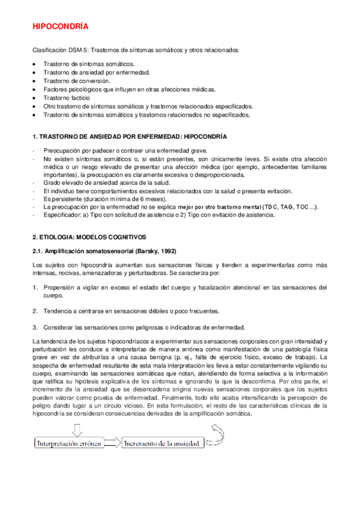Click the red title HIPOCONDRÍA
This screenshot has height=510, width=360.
click(59, 27)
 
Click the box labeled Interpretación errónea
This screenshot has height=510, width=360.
click(69, 443)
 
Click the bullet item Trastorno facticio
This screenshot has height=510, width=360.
click(67, 97)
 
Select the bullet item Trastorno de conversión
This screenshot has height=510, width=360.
click(76, 80)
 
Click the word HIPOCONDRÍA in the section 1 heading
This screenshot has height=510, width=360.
click(202, 138)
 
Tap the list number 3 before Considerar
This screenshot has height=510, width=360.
click(35, 327)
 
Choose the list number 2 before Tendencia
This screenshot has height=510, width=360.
click(35, 311)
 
